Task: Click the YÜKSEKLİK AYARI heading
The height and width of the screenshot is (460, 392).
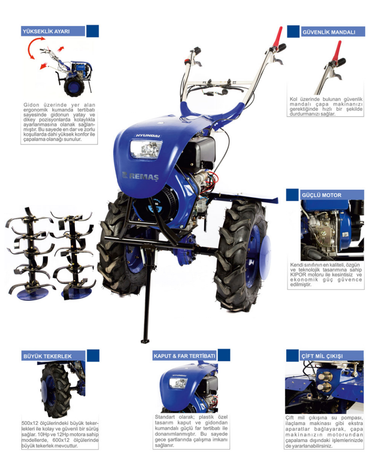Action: [x=46, y=31]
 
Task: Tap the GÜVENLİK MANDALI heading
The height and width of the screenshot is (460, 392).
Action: [x=328, y=32]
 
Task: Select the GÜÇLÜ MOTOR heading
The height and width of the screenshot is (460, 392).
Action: [x=322, y=195]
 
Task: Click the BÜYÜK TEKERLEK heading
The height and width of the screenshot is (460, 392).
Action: [x=47, y=356]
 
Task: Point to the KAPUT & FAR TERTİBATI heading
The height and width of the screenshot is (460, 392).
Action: [x=184, y=356]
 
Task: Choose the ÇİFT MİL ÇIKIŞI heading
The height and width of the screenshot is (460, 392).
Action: [x=322, y=356]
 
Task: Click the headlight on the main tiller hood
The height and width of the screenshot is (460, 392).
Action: [x=146, y=149]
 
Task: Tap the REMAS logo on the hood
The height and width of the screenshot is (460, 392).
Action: [x=140, y=176]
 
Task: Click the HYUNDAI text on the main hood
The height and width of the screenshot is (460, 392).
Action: [x=148, y=136]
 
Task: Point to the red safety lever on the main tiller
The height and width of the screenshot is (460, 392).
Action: [x=277, y=37]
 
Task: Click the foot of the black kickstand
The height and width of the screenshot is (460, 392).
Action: [x=144, y=341]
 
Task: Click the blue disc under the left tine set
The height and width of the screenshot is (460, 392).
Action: [x=33, y=294]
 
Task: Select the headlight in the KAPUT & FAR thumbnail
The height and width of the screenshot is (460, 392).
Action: [x=178, y=383]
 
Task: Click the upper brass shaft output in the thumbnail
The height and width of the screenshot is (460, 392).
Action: [x=325, y=377]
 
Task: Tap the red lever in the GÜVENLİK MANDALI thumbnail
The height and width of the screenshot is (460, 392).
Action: [x=338, y=50]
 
